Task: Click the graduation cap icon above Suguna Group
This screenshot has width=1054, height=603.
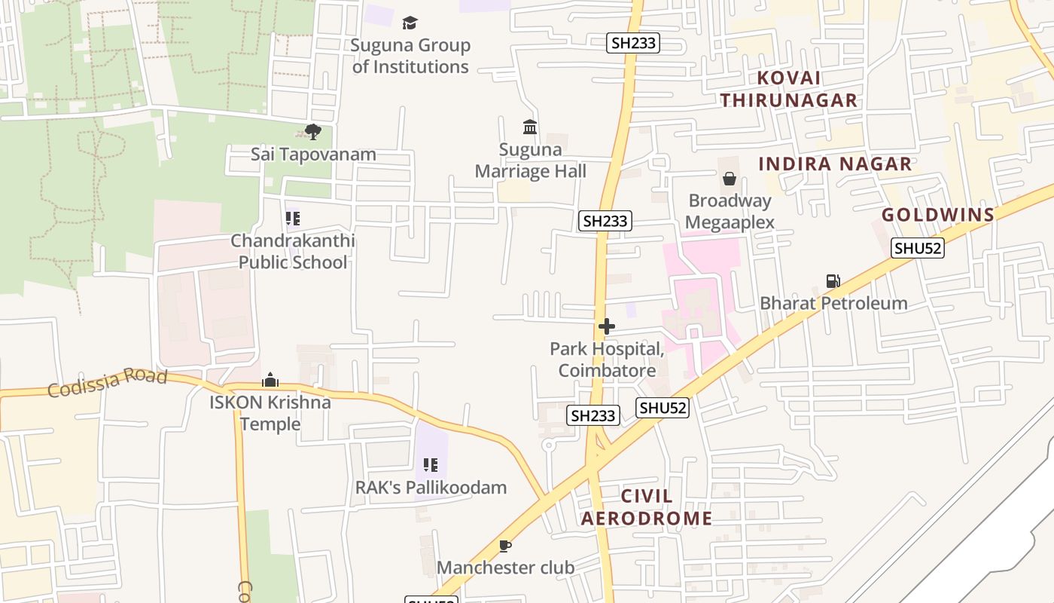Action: coord(410,23)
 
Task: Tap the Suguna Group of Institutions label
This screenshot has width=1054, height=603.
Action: coord(410,56)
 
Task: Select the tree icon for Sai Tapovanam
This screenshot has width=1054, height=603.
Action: coord(313,133)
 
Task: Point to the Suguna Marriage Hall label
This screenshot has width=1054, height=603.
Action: coord(530,160)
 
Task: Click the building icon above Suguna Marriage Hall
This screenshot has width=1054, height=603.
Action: coord(530,127)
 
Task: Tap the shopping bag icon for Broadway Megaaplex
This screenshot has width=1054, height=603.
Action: coord(729,179)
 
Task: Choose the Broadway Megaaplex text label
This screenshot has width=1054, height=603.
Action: coord(730,212)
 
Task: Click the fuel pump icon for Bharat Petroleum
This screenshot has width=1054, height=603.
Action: coord(833,281)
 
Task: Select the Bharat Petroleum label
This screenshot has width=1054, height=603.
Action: coord(833,303)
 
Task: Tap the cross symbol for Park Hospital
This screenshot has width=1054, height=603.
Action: coord(606,326)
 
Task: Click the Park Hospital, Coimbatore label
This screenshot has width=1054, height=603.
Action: coord(607,360)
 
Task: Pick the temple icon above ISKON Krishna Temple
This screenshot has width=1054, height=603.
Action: coord(270,380)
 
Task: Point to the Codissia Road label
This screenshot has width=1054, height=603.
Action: coord(107,382)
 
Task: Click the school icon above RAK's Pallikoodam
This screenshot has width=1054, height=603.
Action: coord(431,465)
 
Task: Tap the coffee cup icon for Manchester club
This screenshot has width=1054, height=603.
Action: coord(505,546)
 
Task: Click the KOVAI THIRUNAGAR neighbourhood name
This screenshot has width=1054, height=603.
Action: coord(789,89)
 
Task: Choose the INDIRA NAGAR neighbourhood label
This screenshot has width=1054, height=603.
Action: coord(835,164)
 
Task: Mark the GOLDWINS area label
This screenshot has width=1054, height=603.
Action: coord(938,215)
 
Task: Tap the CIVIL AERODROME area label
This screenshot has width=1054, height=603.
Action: coord(647,507)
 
